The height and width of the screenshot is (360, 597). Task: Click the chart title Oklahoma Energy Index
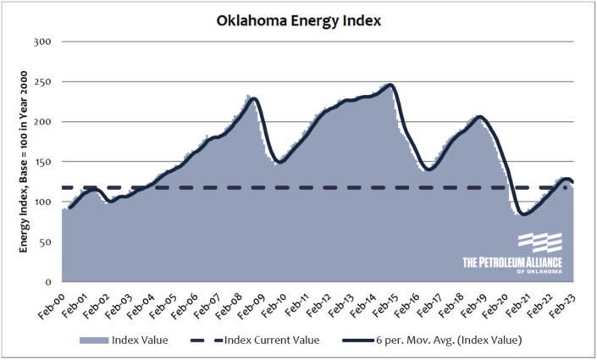click(298, 18)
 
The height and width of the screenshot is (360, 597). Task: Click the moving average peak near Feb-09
click(253, 99)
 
